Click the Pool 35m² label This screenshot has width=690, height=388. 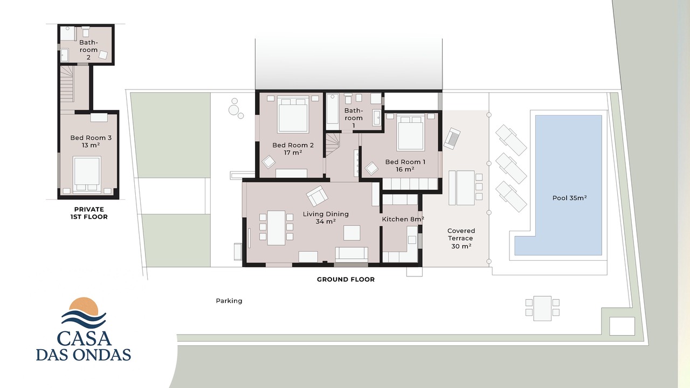(569, 198)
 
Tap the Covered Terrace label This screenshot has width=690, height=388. (461, 238)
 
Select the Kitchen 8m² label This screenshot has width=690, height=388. (403, 219)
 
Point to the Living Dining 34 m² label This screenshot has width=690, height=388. (326, 217)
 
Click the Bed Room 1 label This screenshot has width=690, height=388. (405, 165)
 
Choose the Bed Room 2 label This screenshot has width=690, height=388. (293, 149)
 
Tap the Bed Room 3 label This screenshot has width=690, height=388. (91, 141)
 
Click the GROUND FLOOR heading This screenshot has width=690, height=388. (346, 279)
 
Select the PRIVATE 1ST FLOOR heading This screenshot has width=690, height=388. (89, 213)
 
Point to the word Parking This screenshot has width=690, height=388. (229, 301)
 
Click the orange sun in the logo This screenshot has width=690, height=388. (84, 304)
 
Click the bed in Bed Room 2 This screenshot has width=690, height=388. (293, 115)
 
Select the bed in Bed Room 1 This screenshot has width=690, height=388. (410, 133)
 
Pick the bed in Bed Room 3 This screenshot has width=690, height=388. (87, 175)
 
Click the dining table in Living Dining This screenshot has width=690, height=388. (276, 228)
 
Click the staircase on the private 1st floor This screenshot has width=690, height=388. (67, 85)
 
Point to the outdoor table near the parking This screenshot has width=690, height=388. (542, 308)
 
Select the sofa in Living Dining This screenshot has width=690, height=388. (351, 254)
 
